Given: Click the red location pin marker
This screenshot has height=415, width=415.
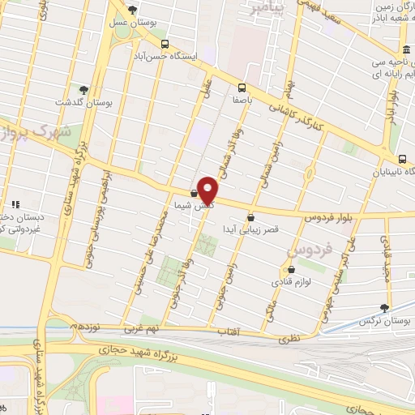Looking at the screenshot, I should (x=207, y=190).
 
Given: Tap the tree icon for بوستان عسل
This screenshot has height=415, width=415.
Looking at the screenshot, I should (x=133, y=10).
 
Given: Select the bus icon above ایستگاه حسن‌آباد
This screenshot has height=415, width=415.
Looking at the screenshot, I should (x=165, y=45).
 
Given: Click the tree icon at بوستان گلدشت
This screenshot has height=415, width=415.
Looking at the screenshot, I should (x=83, y=89).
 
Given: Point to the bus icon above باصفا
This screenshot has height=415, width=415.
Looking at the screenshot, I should (x=241, y=88).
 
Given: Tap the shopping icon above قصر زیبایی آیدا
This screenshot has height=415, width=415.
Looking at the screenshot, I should (x=250, y=217).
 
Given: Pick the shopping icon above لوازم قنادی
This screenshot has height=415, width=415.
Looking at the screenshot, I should (x=292, y=270).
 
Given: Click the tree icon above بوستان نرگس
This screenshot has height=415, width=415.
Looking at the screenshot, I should (x=384, y=308).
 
